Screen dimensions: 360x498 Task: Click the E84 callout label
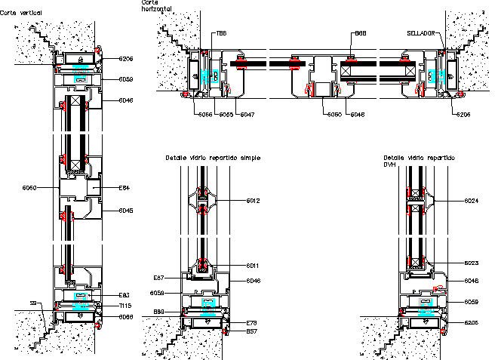[125, 187]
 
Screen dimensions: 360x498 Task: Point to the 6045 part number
[125, 211]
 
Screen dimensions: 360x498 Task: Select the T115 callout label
[125, 306]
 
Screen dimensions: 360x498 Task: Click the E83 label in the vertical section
[125, 294]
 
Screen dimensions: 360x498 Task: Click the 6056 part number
[204, 114]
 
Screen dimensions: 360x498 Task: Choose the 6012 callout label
[253, 201]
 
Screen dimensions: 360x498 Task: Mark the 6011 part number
[253, 266]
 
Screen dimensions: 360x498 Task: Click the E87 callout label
[159, 278]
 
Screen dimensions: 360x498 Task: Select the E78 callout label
[252, 323]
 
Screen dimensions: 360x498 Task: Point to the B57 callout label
[252, 331]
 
